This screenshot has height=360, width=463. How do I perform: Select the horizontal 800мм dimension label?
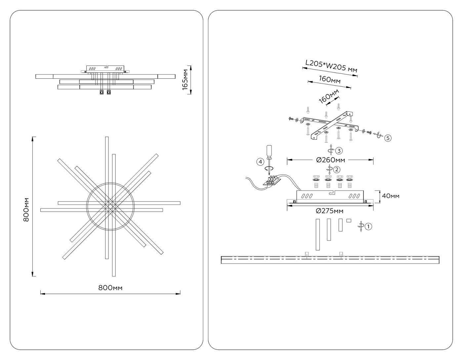tap(110, 288)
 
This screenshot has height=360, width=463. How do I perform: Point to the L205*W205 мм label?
tap(331, 66)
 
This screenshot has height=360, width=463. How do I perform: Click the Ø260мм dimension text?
tap(330, 160)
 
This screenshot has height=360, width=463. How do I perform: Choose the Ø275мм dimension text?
tap(329, 211)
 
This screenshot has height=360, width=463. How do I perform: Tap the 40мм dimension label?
tap(391, 196)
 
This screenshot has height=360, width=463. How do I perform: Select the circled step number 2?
tap(337, 170)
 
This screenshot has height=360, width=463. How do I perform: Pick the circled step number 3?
tap(339, 151)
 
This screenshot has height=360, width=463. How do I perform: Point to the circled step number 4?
tap(260, 162)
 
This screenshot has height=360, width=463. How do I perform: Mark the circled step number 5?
tap(388, 138)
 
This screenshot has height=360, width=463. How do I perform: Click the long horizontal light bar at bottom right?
tap(330, 260)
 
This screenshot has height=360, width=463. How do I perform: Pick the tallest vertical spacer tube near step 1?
tap(318, 234)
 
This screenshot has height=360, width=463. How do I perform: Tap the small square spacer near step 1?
tap(348, 220)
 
